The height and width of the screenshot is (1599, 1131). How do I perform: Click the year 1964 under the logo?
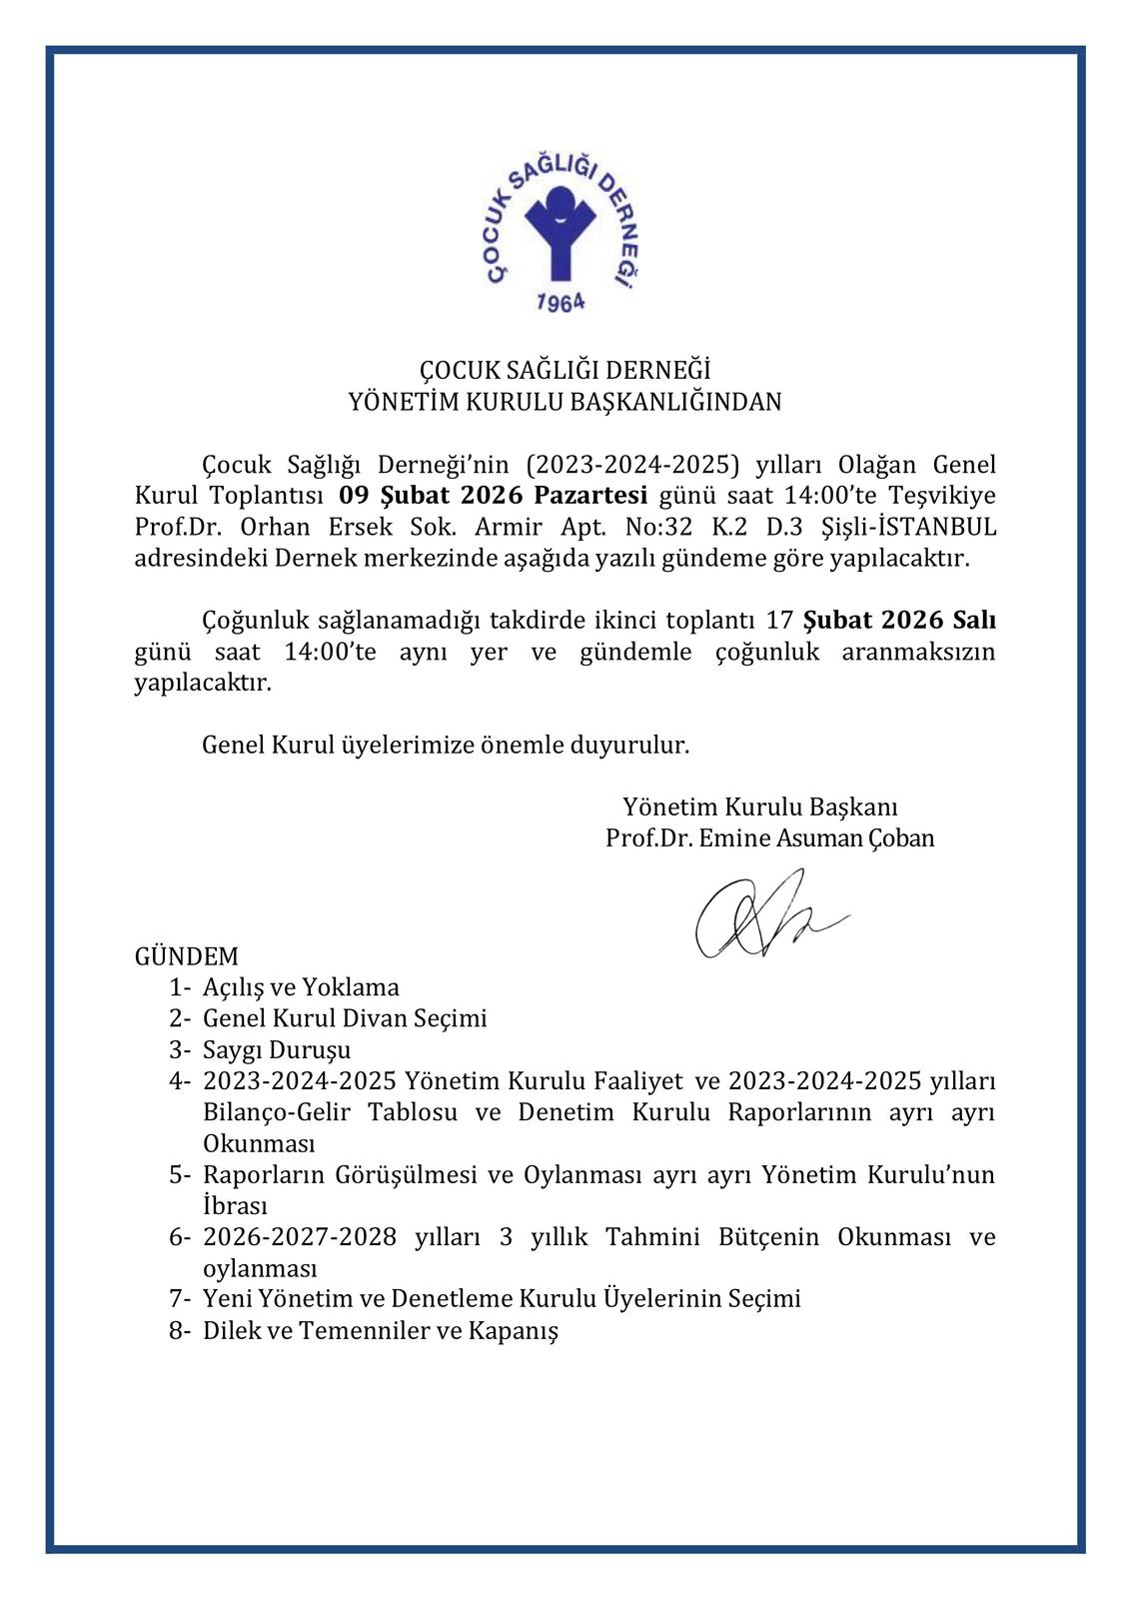pyautogui.click(x=560, y=301)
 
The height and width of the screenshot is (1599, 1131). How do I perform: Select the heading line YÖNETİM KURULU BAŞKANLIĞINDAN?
pyautogui.click(x=565, y=402)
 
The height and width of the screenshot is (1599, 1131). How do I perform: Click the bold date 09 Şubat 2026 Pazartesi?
pyautogui.click(x=494, y=496)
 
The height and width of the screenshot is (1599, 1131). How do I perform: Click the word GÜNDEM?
pyautogui.click(x=187, y=956)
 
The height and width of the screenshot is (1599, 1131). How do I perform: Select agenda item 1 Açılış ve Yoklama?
pyautogui.click(x=301, y=987)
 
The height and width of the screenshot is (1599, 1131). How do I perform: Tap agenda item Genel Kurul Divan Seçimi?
pyautogui.click(x=345, y=1018)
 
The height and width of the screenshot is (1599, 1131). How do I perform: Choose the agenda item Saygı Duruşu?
pyautogui.click(x=277, y=1050)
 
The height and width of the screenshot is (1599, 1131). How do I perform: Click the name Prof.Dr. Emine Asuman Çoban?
pyautogui.click(x=769, y=837)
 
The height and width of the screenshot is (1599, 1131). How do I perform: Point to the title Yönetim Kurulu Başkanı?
pyautogui.click(x=760, y=806)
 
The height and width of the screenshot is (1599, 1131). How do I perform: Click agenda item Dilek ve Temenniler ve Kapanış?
pyautogui.click(x=380, y=1331)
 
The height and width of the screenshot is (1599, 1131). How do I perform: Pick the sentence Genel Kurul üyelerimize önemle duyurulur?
pyautogui.click(x=446, y=745)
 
